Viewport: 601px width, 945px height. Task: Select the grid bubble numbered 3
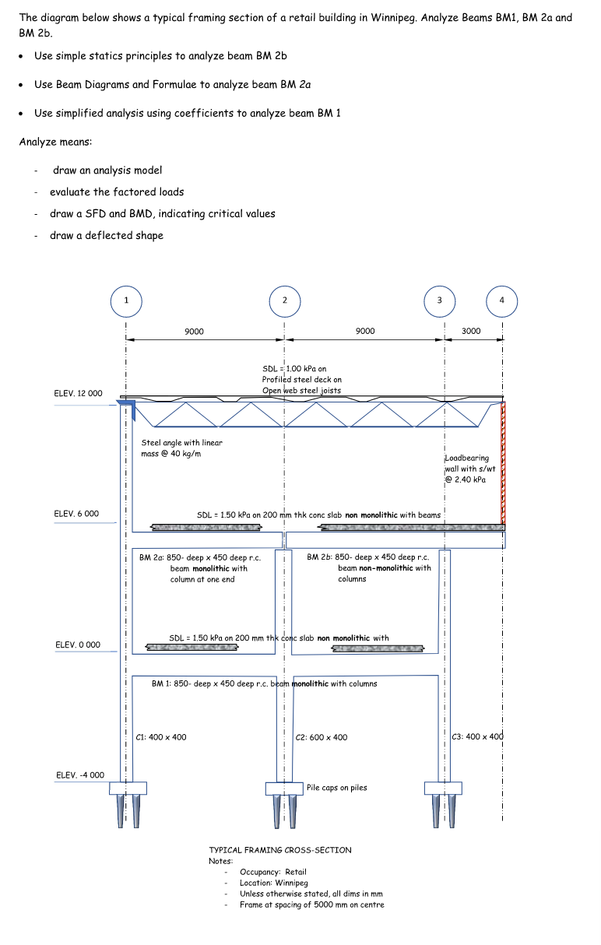coord(439,300)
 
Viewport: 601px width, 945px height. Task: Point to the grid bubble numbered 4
coord(501,300)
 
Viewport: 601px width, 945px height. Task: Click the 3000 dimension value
coord(471,331)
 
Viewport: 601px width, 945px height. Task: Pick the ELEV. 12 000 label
coord(78,393)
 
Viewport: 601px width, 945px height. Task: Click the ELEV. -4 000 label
coord(79,775)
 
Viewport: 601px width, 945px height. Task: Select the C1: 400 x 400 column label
coord(161,737)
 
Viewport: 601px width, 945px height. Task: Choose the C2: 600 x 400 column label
coord(322,737)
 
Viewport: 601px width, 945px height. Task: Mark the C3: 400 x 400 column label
coord(479,736)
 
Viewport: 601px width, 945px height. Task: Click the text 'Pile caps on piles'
coord(337,788)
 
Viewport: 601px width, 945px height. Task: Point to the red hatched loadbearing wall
coord(504,463)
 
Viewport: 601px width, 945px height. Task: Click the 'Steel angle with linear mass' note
coord(181,448)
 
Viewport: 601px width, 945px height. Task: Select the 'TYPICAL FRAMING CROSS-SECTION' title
coord(280,850)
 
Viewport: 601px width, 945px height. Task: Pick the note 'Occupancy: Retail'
coord(273,872)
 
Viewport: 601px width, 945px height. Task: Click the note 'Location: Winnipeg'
coord(273,883)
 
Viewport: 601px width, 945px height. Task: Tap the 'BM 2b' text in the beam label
coord(319,557)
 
